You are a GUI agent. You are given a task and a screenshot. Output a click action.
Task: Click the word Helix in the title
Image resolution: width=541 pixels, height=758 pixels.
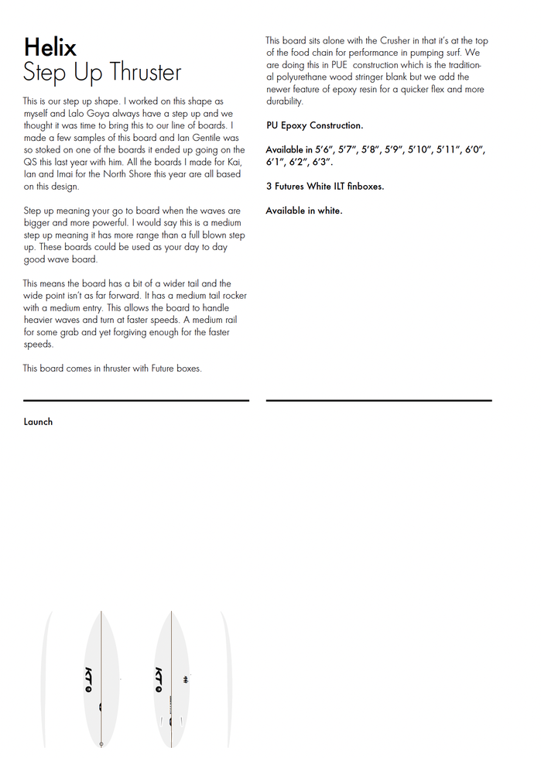(x=50, y=47)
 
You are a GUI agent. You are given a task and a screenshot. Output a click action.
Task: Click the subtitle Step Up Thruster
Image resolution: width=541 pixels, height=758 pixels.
(x=102, y=73)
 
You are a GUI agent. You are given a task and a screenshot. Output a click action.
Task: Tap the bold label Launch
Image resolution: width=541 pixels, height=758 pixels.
(x=38, y=422)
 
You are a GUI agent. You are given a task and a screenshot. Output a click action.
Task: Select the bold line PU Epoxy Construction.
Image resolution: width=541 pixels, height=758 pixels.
(x=314, y=125)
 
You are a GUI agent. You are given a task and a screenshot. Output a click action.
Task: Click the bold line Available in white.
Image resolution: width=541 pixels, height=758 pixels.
(x=303, y=211)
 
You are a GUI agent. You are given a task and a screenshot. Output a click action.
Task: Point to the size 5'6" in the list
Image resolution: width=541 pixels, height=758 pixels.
(x=323, y=149)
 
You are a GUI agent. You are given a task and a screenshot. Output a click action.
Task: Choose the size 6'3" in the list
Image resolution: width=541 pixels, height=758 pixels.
(x=323, y=163)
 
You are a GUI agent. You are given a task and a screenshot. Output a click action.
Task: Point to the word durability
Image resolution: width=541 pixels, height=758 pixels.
(x=284, y=101)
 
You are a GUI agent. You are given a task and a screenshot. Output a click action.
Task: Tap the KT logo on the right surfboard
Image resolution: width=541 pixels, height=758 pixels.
(x=159, y=677)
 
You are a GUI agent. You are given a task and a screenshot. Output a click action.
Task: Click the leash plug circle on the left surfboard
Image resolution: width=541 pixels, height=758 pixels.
(x=101, y=743)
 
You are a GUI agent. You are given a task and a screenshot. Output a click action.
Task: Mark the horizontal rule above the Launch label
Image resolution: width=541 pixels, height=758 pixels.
(x=136, y=400)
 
